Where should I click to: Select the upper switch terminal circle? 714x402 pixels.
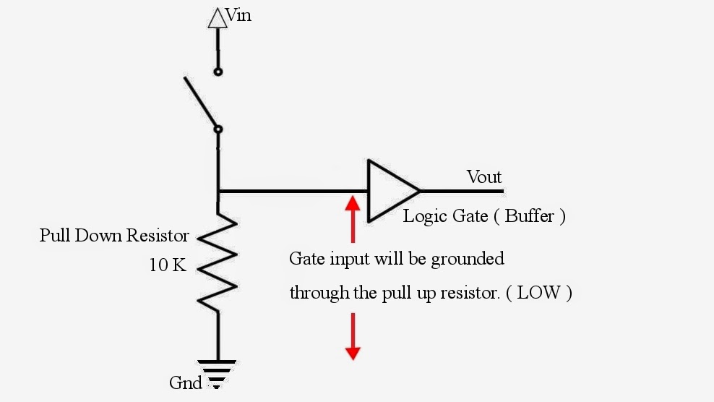pos(218,72)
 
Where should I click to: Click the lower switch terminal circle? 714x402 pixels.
pos(218,129)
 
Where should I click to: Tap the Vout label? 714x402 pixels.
pos(484,177)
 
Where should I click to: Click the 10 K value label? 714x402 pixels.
pos(168,265)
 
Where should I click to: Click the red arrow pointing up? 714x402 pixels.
pos(353,217)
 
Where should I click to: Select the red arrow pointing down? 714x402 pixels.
pos(353,336)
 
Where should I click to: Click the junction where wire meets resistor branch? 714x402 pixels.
pos(218,192)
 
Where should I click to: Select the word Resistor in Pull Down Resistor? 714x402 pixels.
pos(160,236)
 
